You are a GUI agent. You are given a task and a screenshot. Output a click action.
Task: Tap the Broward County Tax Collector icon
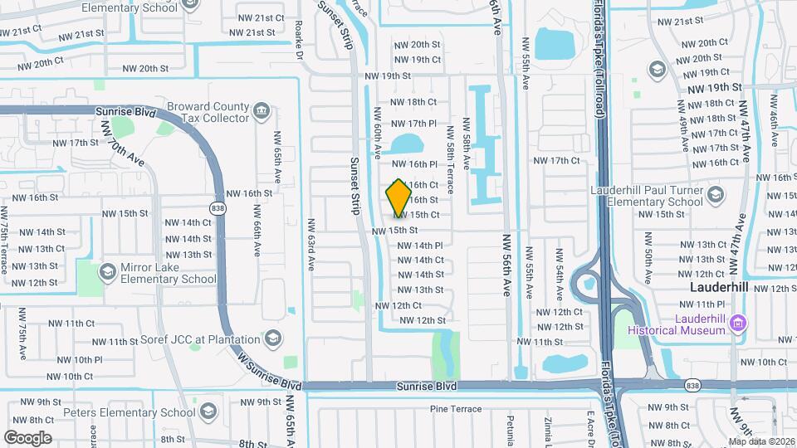tap(262, 110)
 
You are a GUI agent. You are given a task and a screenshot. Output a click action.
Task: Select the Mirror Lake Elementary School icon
tap(107, 272)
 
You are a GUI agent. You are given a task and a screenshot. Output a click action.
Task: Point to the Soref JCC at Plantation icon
tap(273, 338)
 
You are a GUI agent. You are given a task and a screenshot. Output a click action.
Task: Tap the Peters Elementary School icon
tap(208, 411)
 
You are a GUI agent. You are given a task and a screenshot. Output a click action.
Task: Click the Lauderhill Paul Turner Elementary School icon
tap(716, 195)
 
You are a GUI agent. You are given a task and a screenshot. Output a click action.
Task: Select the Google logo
tap(27, 437)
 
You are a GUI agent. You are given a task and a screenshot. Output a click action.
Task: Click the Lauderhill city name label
tap(720, 287)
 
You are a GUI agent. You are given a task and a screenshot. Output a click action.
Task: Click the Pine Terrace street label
tap(456, 409)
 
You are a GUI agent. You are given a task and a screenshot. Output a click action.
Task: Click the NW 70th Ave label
tap(121, 142)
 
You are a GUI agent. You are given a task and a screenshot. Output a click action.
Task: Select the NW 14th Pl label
tap(420, 246)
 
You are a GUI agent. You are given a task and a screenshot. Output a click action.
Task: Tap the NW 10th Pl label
tap(81, 360)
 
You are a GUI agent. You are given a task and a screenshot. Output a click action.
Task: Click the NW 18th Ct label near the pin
tap(413, 102)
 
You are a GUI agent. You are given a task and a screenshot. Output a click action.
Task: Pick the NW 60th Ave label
tap(378, 133)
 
